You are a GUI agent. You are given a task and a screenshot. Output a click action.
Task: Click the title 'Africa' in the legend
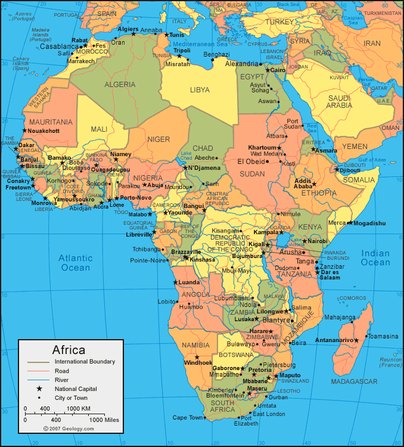[69, 350]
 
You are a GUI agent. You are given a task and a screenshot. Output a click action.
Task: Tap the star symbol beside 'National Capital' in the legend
[39, 389]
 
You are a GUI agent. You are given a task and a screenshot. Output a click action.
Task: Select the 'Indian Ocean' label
[375, 258]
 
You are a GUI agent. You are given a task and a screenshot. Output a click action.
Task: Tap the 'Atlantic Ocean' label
[75, 263]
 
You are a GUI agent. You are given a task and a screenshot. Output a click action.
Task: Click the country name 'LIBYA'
[200, 89]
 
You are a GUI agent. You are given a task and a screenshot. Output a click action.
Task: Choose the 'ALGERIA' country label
[120, 85]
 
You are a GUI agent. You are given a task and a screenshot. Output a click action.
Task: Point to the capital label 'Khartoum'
[262, 147]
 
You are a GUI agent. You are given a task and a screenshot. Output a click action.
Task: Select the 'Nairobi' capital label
[318, 241]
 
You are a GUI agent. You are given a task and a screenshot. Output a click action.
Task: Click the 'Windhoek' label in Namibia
[198, 362]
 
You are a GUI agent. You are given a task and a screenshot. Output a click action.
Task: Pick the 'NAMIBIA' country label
[196, 345]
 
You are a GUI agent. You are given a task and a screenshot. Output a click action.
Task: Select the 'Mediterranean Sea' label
[201, 44]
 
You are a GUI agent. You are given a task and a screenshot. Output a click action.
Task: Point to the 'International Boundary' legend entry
[85, 362]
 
